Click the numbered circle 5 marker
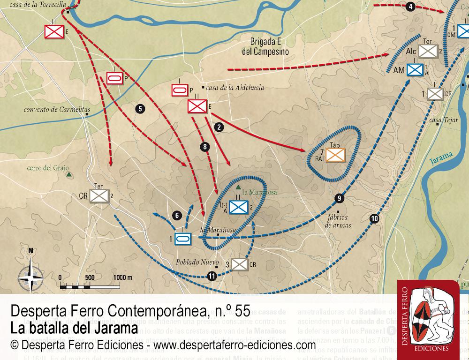point(139,109)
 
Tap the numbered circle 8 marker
point(204,147)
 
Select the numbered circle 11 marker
point(212,276)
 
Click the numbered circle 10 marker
point(374,217)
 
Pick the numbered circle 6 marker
point(176,216)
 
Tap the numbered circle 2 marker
point(218,126)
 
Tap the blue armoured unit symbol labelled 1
point(182,239)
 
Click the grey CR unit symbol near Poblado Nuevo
point(240,264)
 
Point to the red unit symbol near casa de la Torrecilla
point(54,31)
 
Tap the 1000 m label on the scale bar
point(123,277)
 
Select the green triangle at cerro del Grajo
point(69,175)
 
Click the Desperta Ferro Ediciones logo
point(428,319)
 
